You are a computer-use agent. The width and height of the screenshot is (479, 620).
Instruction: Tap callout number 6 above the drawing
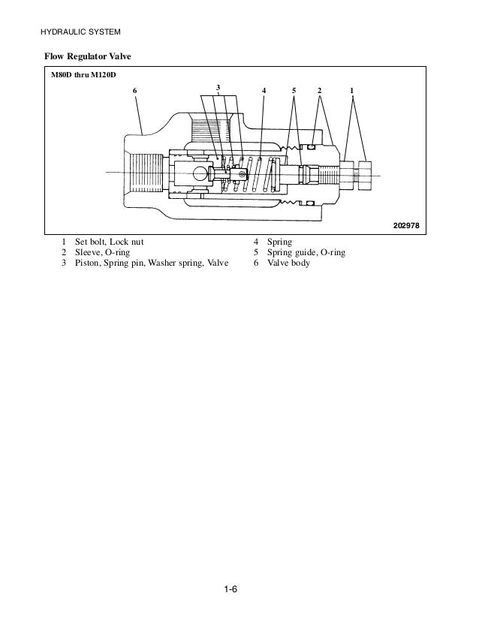coord(135,91)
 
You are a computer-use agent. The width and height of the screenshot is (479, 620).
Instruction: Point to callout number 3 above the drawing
coord(218,88)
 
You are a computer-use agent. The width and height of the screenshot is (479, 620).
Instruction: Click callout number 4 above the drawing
coord(264,91)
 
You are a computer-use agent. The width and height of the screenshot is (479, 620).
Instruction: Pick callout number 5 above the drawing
coord(295,91)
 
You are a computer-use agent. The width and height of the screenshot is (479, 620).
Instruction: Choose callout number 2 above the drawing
coord(319,91)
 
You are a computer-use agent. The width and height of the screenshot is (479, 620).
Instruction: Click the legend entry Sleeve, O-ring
coord(98,253)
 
